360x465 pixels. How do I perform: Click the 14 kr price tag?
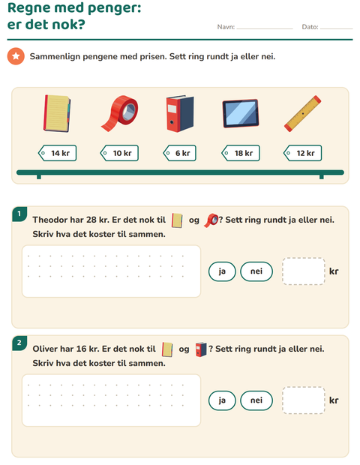pos(57,153)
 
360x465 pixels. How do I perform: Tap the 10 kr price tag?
pos(119,153)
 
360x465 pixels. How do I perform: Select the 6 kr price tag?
pos(180,153)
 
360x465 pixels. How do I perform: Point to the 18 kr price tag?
pos(241,153)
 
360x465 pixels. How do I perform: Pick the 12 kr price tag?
pos(303,153)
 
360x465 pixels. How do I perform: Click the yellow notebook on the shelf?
pos(57,113)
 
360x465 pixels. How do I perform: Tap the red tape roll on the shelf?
pos(120,113)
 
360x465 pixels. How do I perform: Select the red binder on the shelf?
pos(180,113)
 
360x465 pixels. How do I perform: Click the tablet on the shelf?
pos(241,113)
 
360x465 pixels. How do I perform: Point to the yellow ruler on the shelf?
pos(303,113)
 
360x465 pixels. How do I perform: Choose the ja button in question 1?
pos(222,271)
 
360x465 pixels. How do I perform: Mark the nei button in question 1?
pos(256,271)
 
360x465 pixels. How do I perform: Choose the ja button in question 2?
pos(222,400)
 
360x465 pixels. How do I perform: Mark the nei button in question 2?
pos(256,400)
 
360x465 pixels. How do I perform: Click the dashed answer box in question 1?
pos(304,271)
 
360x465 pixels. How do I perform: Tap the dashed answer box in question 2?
pos(304,400)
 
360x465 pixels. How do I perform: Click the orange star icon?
pos(16,56)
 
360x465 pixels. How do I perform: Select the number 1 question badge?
pos(19,214)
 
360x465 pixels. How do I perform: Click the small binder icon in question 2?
pos(201,349)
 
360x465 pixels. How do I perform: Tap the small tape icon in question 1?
pos(211,220)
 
